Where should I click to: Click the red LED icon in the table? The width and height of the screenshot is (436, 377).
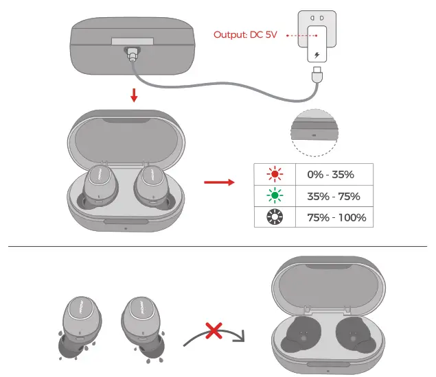[x=275, y=173]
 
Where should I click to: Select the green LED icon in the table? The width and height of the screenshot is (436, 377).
[x=275, y=196]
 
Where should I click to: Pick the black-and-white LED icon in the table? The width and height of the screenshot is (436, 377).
[x=275, y=219]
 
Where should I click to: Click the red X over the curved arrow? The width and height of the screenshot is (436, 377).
[x=215, y=332]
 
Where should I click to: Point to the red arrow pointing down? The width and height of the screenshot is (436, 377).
[x=134, y=95]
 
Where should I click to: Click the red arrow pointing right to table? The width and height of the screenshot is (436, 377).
[x=219, y=182]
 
